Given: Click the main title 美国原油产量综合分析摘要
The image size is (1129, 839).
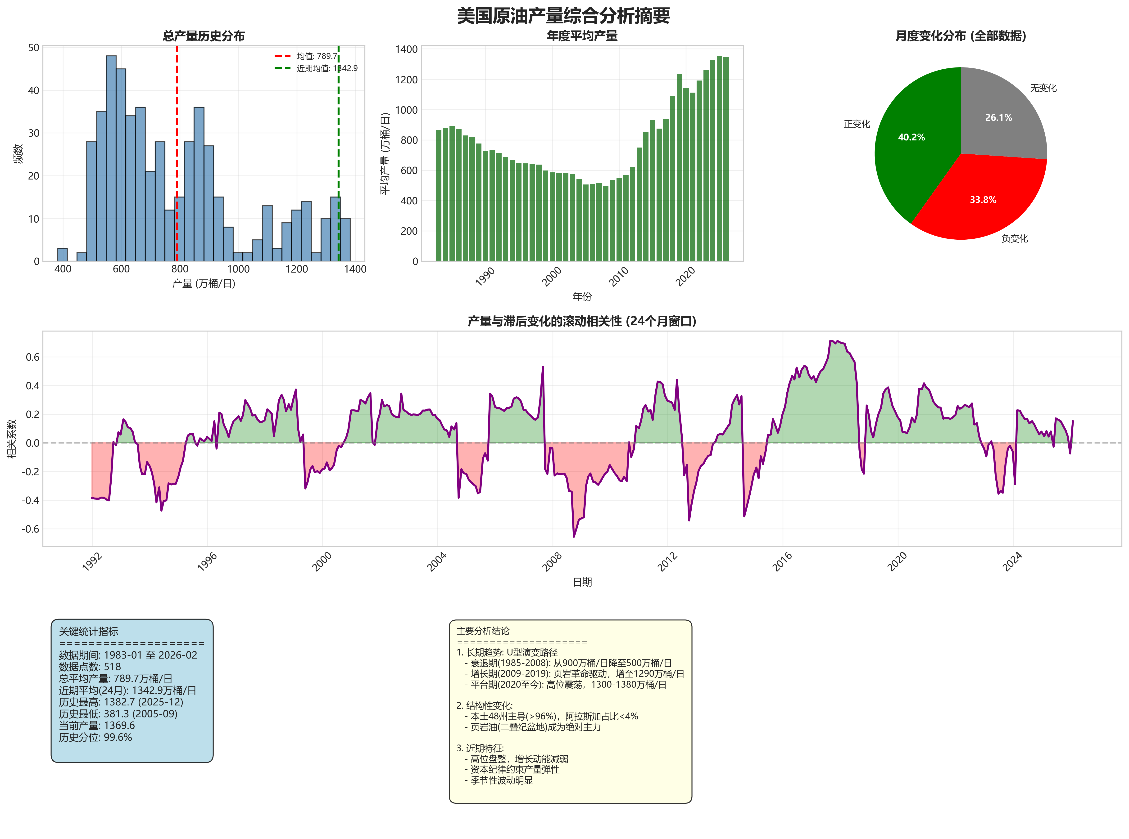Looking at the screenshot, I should (563, 16).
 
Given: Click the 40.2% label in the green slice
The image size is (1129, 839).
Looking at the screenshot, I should (911, 137).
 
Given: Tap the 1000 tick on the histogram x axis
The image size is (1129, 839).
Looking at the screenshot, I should (238, 269).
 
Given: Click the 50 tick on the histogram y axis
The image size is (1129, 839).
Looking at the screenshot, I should (34, 48).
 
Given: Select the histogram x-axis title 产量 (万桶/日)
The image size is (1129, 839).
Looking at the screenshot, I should (203, 283).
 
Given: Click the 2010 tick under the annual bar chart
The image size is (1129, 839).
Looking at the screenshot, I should (619, 277).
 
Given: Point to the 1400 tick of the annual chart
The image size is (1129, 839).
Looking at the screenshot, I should (406, 49).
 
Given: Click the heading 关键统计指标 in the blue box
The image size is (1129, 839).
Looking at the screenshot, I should (88, 631).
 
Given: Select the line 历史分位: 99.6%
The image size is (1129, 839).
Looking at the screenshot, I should (95, 737).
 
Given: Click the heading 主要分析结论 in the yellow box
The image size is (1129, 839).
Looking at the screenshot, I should (483, 631).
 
